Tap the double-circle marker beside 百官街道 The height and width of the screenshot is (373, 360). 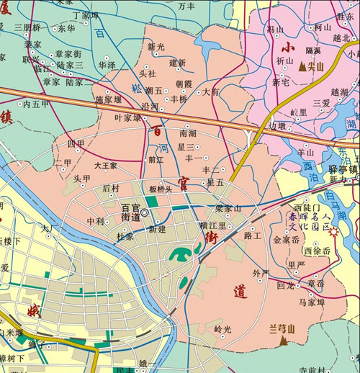[x=145, y=212]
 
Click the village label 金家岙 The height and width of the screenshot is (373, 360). [x=287, y=241]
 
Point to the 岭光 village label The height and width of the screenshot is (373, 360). [x=223, y=329]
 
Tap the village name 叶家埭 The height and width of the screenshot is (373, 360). [x=128, y=117]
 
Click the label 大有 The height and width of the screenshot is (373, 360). [x=211, y=92]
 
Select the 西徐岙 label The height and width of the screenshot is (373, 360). [x=317, y=251]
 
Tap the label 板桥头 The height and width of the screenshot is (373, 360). [x=161, y=189]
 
